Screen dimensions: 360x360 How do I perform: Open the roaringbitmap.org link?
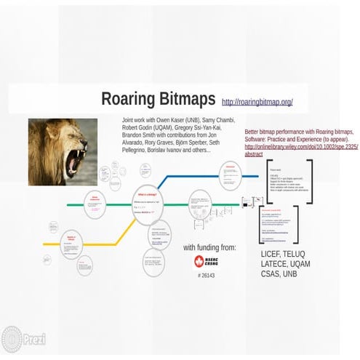click(257, 102)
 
